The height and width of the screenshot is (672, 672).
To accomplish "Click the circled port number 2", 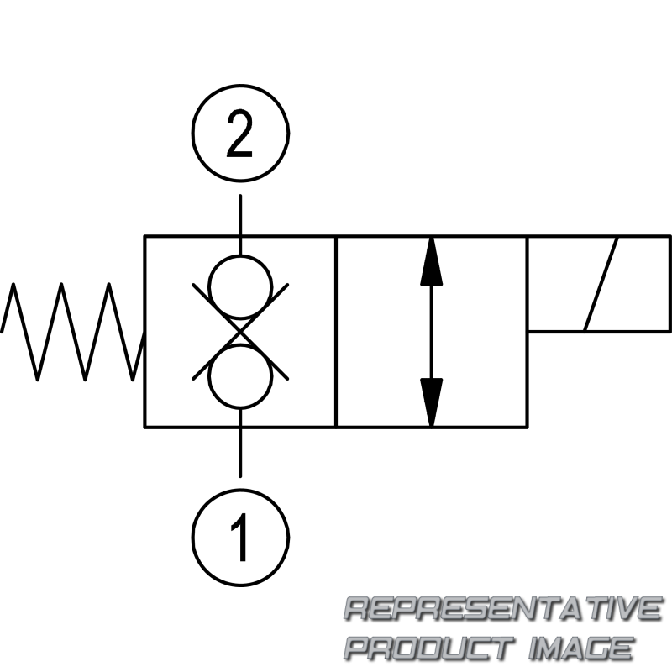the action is point(240,85).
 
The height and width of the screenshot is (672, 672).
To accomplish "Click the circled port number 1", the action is point(240,490).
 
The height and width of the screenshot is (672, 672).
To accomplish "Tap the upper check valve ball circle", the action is point(240,255).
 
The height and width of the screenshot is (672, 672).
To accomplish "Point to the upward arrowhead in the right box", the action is point(431,262).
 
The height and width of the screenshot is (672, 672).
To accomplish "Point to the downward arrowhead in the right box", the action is point(431,402).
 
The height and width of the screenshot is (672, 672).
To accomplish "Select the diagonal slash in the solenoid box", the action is point(601,284).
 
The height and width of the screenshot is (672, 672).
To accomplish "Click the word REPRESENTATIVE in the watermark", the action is point(503,608).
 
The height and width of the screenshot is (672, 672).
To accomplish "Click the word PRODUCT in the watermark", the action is point(429,648).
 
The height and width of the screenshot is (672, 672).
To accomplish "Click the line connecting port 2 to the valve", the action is point(240,225).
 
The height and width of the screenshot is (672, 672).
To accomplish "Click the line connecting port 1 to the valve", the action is point(240,443).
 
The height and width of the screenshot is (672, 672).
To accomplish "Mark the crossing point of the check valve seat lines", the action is point(240,332).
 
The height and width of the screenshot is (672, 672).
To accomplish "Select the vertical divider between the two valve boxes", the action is point(336,331).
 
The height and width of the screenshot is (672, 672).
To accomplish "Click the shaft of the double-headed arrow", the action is point(431,332).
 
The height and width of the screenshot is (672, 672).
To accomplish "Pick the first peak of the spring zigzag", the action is point(13,284).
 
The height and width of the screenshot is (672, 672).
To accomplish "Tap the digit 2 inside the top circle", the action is point(239,133).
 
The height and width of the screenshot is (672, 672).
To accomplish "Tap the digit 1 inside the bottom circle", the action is point(240,537).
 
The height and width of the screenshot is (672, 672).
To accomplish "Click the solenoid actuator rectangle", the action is point(669,284).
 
